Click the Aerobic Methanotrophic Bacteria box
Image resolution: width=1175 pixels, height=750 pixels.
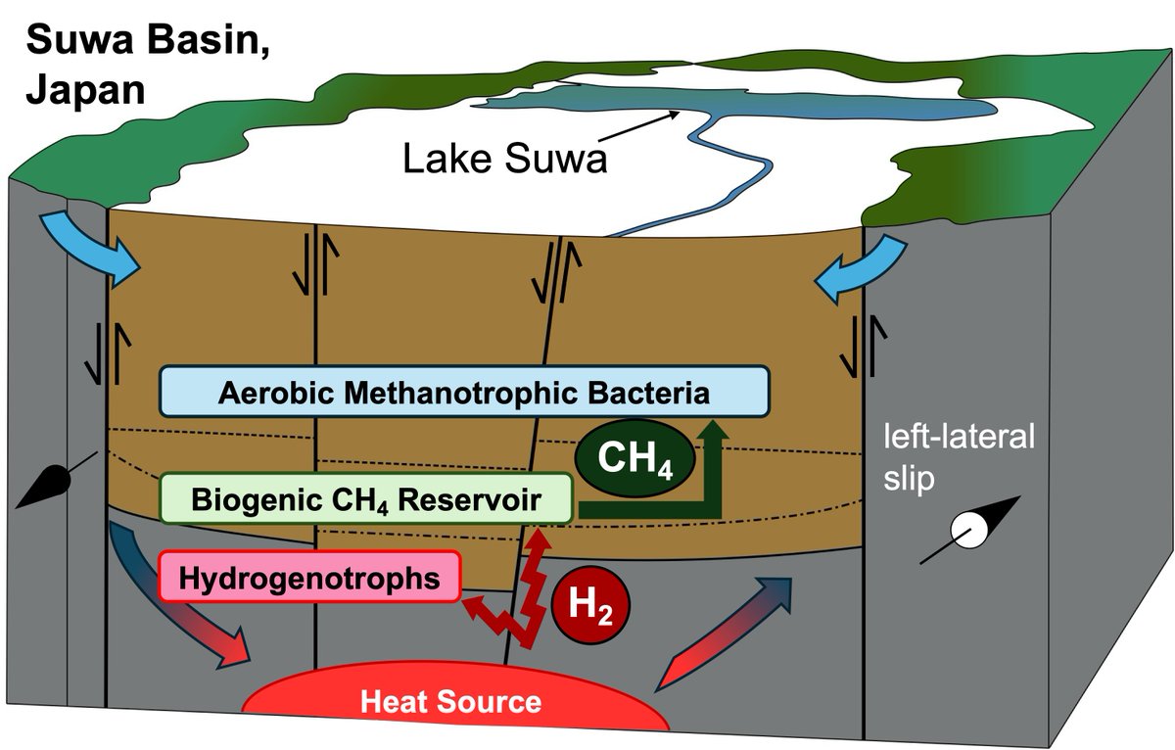click(x=464, y=395)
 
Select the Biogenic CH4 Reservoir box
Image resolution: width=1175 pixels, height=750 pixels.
click(x=365, y=500)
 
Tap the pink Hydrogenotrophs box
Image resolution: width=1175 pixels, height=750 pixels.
click(x=309, y=578)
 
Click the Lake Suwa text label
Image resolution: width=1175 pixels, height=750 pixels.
click(x=505, y=158)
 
